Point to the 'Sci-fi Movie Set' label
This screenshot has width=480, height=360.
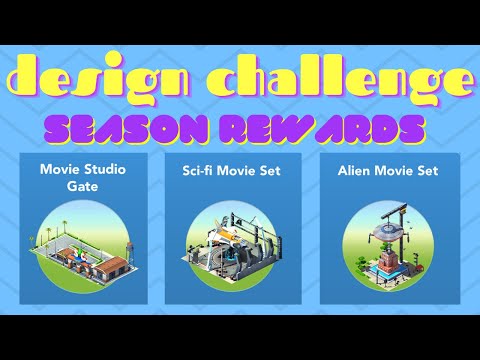(x=237, y=171)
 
